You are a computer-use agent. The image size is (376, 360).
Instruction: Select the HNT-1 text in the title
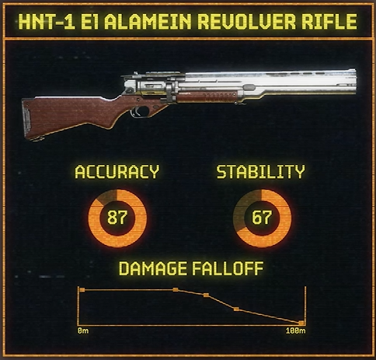pos(47,21)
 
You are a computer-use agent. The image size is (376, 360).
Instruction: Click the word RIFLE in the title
pos(329,21)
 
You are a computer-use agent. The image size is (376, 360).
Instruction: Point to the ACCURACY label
pos(117,172)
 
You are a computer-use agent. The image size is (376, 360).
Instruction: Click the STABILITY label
pos(261,172)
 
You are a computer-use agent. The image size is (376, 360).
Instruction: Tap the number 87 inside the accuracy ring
pos(117,217)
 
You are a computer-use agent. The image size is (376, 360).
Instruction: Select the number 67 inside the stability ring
pos(262,217)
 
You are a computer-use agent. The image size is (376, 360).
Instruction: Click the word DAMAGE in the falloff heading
pos(153,268)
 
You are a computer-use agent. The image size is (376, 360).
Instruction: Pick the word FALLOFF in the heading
pos(228,268)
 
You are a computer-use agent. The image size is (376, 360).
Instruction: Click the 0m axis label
pos(83,330)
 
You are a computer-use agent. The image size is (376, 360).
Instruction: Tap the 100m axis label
pos(296,330)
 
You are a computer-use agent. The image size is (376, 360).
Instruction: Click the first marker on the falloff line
pos(82,290)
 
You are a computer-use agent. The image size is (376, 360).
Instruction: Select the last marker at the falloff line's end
pos(301,323)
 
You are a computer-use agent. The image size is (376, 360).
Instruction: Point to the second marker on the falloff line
pos(176,290)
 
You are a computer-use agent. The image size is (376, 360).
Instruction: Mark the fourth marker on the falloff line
pos(236,309)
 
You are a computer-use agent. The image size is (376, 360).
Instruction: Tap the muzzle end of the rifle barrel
pos(354,82)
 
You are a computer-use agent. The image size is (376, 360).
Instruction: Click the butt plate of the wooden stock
pos(26,119)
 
